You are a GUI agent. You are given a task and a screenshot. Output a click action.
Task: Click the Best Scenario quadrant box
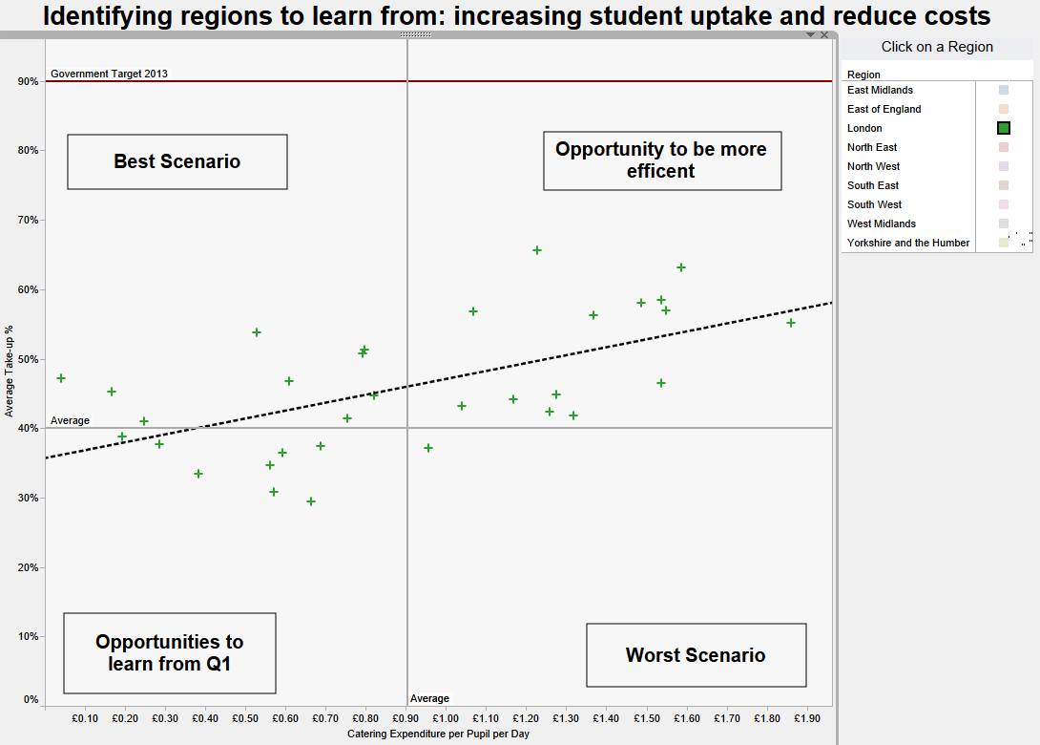pyautogui.click(x=177, y=161)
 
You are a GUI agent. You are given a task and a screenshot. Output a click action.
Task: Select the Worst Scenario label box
pyautogui.click(x=696, y=655)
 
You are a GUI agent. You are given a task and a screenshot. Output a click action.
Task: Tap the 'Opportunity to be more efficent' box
pyautogui.click(x=661, y=160)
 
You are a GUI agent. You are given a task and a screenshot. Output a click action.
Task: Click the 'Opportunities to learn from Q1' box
pyautogui.click(x=169, y=652)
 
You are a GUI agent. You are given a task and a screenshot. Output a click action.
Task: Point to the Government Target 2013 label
pyautogui.click(x=109, y=74)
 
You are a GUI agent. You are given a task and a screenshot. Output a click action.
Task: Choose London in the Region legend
pyautogui.click(x=864, y=128)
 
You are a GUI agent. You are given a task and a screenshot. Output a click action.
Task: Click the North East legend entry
pyautogui.click(x=872, y=147)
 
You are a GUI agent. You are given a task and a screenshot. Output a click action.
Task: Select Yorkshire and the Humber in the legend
pyautogui.click(x=908, y=243)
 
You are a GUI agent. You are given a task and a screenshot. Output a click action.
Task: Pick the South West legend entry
pyautogui.click(x=874, y=204)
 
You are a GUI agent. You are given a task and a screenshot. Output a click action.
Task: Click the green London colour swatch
pyautogui.click(x=1004, y=128)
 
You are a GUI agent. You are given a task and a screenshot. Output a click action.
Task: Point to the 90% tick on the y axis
pyautogui.click(x=28, y=82)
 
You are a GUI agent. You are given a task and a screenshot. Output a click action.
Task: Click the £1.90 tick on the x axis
pyautogui.click(x=806, y=718)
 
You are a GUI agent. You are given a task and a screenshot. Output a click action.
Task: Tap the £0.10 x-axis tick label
pyautogui.click(x=85, y=718)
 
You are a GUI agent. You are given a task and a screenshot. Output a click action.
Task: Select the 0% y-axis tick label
pyautogui.click(x=31, y=700)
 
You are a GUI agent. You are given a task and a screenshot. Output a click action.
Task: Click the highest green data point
pyautogui.click(x=537, y=250)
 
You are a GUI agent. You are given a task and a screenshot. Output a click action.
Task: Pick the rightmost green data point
pyautogui.click(x=791, y=323)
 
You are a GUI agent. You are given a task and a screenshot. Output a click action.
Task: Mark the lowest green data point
pyautogui.click(x=311, y=501)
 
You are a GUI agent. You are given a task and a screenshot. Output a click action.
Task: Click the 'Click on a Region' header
pyautogui.click(x=937, y=47)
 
